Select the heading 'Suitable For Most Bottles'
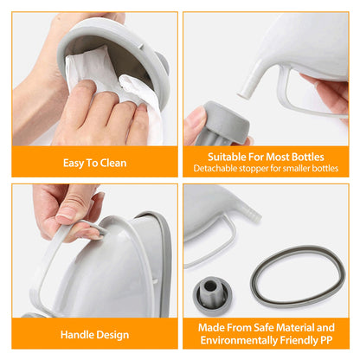(x=268, y=157)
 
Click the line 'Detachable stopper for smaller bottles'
(x=268, y=168)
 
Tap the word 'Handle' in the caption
(x=76, y=334)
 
